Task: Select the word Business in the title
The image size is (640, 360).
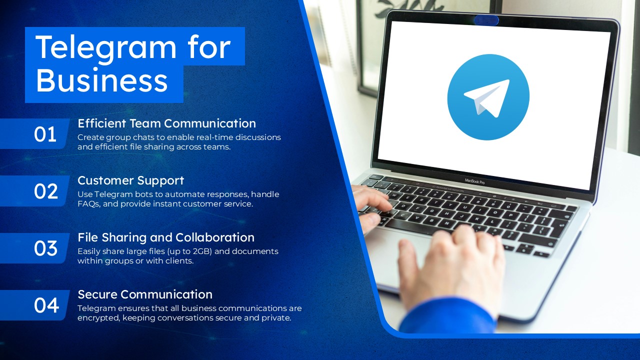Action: pos(102,80)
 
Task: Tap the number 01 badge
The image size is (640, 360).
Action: pos(45,134)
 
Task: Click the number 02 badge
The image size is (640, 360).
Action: pos(45,191)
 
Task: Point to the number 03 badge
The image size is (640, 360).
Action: pos(45,248)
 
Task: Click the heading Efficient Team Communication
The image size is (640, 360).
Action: pos(166,123)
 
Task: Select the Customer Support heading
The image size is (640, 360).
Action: pos(130,180)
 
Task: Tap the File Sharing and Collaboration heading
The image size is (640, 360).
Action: pos(166,237)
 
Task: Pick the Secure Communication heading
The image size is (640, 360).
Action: pos(145,294)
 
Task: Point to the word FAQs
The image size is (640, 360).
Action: pos(88,204)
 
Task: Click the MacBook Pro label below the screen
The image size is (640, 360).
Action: pos(474,181)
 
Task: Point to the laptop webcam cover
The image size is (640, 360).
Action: pos(486,20)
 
